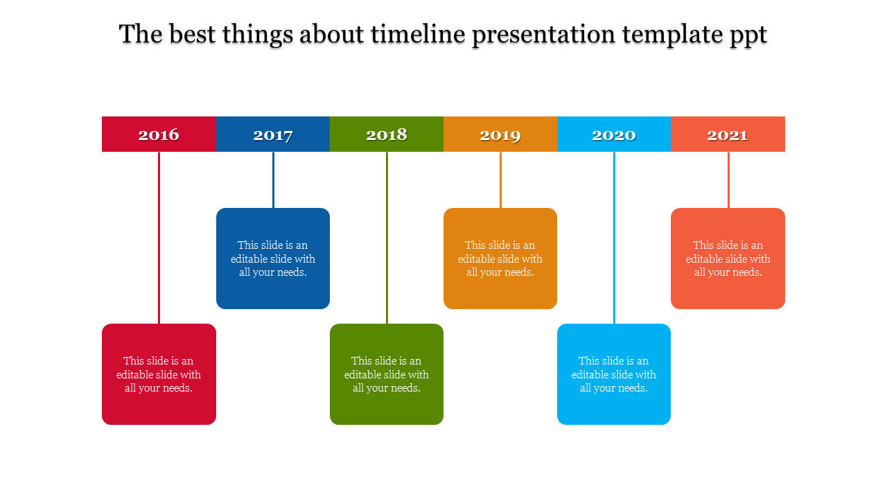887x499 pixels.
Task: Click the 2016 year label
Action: (159, 134)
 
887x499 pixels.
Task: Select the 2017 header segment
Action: (272, 134)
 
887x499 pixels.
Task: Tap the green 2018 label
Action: (386, 134)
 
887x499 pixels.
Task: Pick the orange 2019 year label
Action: (500, 134)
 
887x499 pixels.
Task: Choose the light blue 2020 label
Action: (613, 134)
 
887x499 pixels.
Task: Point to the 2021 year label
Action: (728, 134)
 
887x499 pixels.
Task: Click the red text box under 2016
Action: (159, 374)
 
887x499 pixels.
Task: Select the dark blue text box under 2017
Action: (272, 259)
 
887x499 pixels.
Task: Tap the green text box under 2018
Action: (386, 374)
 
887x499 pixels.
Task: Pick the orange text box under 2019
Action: (500, 259)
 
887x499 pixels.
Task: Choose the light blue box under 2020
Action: (613, 374)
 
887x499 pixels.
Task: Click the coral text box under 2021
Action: (728, 259)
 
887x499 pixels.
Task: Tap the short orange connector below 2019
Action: (500, 180)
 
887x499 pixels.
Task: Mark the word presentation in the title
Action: (543, 35)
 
